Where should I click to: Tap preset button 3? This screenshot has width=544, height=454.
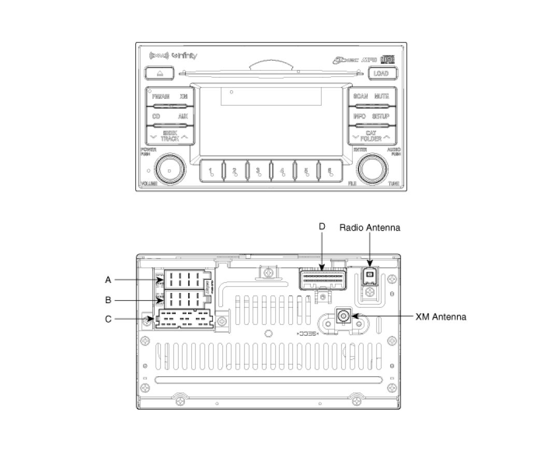[x=257, y=171]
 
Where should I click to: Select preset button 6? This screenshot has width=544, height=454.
[x=330, y=171]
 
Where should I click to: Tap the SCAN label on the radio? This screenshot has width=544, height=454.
[x=361, y=97]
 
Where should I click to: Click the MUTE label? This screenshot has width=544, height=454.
[x=382, y=97]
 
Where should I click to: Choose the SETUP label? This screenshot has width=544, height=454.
[x=381, y=117]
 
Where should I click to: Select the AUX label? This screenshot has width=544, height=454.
[x=182, y=117]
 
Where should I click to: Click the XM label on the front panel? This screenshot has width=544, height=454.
[x=183, y=97]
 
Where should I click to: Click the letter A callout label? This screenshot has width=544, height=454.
[x=108, y=280]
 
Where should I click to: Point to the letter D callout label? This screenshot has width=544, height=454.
[x=322, y=226]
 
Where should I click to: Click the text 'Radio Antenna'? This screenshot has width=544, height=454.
[x=369, y=228]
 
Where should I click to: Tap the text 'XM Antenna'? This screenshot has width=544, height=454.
[x=441, y=316]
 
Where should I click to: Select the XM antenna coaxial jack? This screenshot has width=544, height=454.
[x=343, y=316]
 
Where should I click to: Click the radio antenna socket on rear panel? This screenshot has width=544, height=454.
[x=369, y=275]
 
